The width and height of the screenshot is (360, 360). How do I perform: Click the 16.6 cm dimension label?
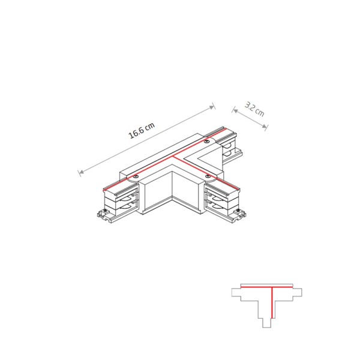tap(142, 131)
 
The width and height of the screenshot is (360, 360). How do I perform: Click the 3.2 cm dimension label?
tap(254, 110)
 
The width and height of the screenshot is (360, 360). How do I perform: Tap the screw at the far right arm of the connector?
tap(207, 142)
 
